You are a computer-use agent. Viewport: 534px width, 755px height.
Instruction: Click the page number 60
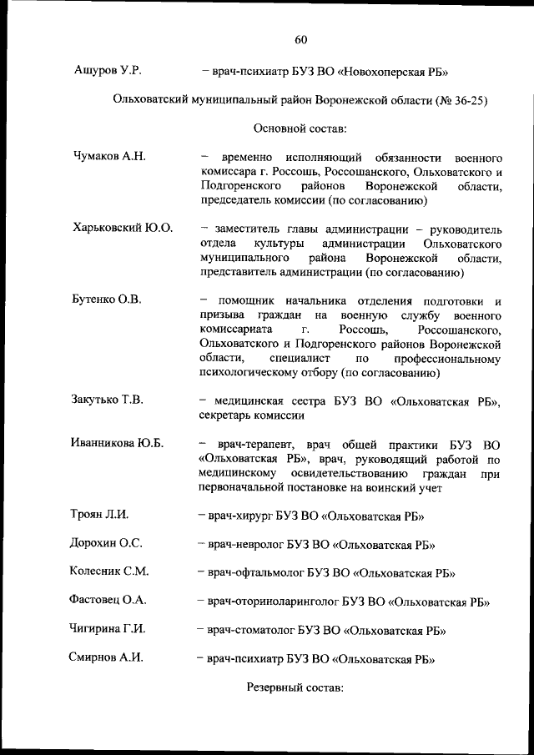301,38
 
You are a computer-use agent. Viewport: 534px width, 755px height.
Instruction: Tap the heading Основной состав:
299,128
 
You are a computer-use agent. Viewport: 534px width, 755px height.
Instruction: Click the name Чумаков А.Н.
109,156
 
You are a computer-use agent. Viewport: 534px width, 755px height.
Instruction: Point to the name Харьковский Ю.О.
123,228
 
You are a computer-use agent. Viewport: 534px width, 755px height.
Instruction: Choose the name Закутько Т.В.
108,400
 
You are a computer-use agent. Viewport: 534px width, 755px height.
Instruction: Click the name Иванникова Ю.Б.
118,443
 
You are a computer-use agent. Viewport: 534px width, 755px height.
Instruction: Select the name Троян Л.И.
100,515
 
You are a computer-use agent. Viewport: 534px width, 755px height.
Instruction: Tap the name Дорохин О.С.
106,543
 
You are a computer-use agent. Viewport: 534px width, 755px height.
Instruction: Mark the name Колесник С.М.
109,571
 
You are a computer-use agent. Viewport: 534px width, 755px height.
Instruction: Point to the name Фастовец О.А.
108,600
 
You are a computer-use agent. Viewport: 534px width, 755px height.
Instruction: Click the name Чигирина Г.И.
108,629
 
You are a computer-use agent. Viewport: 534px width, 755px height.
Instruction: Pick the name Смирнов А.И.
106,657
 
